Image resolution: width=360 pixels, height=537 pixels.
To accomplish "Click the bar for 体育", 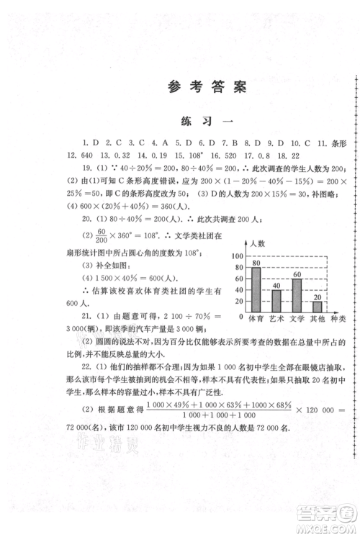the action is point(256,290).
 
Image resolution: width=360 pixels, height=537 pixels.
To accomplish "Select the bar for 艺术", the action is point(276,302).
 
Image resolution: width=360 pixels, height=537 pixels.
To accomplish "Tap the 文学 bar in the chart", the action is point(297,296).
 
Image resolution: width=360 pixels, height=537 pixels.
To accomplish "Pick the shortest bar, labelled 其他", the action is point(317,307).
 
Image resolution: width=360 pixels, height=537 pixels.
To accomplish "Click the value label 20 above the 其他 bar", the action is point(317,297).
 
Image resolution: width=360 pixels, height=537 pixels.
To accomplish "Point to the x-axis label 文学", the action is point(297,318).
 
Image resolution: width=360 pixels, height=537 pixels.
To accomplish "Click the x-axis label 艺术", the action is point(276,318).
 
